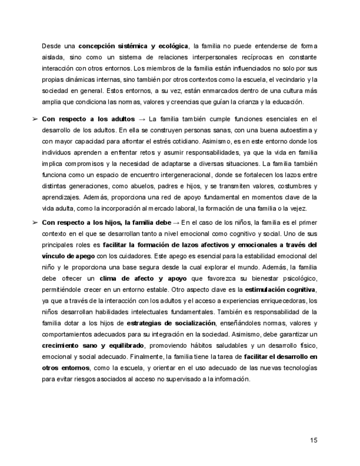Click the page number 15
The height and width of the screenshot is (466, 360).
(x=313, y=440)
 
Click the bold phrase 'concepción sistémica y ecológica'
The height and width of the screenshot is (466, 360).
(x=133, y=46)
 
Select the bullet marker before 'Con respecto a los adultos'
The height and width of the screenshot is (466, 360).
(x=35, y=119)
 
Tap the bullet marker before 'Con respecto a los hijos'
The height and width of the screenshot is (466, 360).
(x=35, y=222)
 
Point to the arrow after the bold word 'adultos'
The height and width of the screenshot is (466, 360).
(x=142, y=119)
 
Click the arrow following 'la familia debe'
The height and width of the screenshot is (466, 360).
(x=176, y=222)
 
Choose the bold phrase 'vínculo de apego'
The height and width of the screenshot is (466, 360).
(x=69, y=256)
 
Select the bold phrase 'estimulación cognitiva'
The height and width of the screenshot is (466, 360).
(x=280, y=290)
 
